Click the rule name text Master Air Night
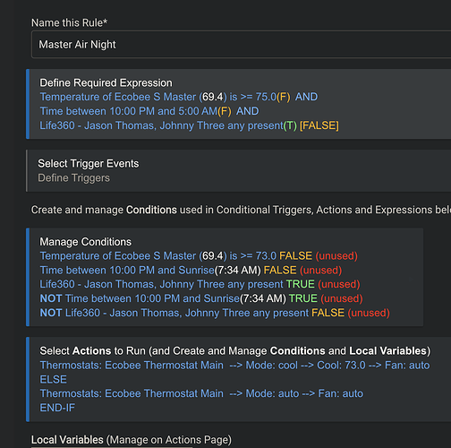(77, 45)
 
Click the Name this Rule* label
(69, 22)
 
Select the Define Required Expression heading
(106, 82)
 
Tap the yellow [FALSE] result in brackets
(319, 125)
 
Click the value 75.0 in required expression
(266, 97)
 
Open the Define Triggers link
(73, 178)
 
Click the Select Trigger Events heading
(89, 163)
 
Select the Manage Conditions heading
(85, 242)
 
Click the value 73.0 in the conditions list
(266, 256)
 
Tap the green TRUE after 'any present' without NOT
(301, 284)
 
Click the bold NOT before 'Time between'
(51, 298)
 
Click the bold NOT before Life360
(51, 313)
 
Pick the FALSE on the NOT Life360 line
(328, 313)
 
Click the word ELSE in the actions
(54, 379)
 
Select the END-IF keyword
(57, 408)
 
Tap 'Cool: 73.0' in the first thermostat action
(341, 366)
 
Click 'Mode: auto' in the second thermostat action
(272, 393)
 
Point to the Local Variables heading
(67, 440)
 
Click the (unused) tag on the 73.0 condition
(336, 256)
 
